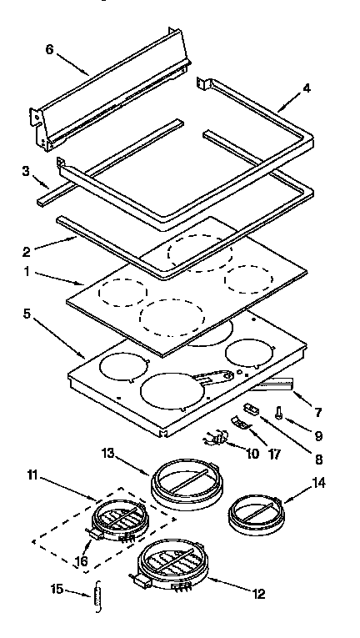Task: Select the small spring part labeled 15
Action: click(98, 597)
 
